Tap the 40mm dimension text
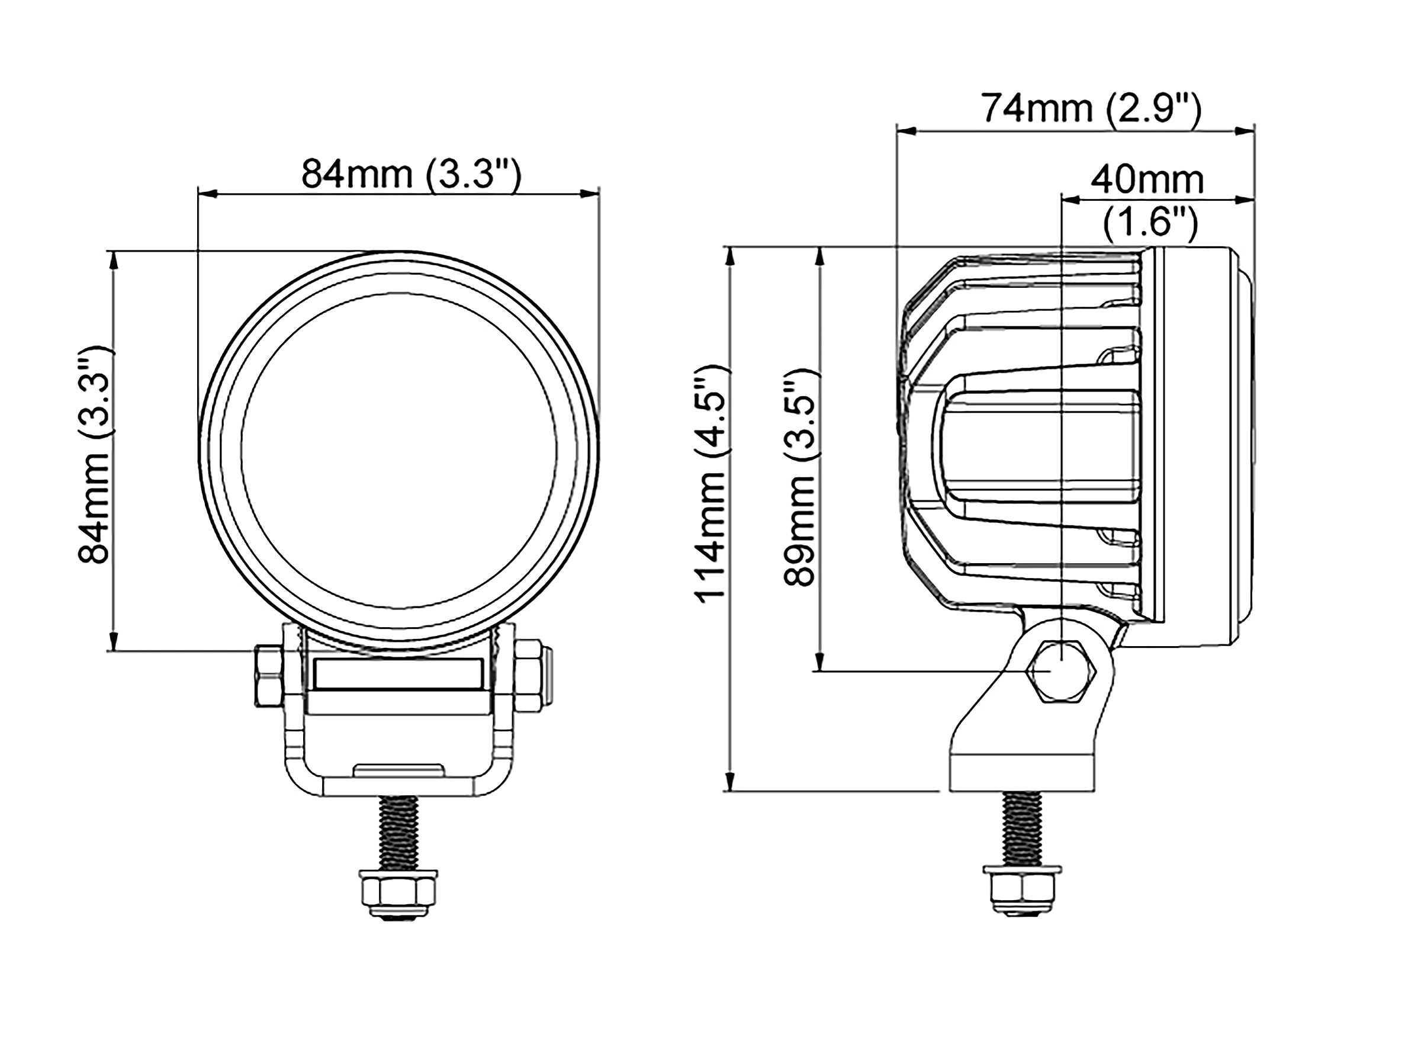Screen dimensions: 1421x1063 point(1148,180)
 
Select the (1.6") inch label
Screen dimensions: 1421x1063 point(1150,224)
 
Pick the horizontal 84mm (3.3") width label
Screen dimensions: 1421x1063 point(410,174)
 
